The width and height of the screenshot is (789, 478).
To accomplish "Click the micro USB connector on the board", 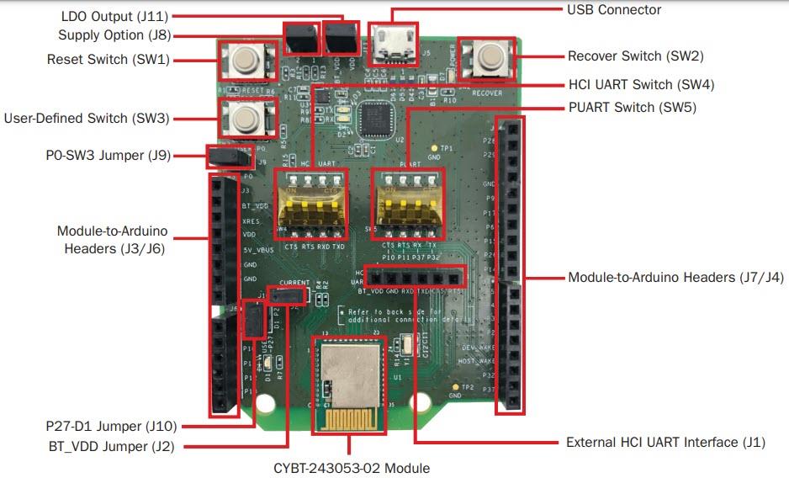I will pos(390,46).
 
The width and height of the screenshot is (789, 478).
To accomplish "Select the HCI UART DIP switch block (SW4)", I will pos(310,205).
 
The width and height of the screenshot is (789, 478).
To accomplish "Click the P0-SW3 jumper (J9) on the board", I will pos(229,156).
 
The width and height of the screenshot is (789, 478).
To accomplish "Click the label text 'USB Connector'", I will pos(614,10).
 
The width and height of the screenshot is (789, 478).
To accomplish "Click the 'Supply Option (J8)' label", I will pos(114,35).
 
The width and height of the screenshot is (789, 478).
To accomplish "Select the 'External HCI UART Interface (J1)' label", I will pos(665,442).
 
